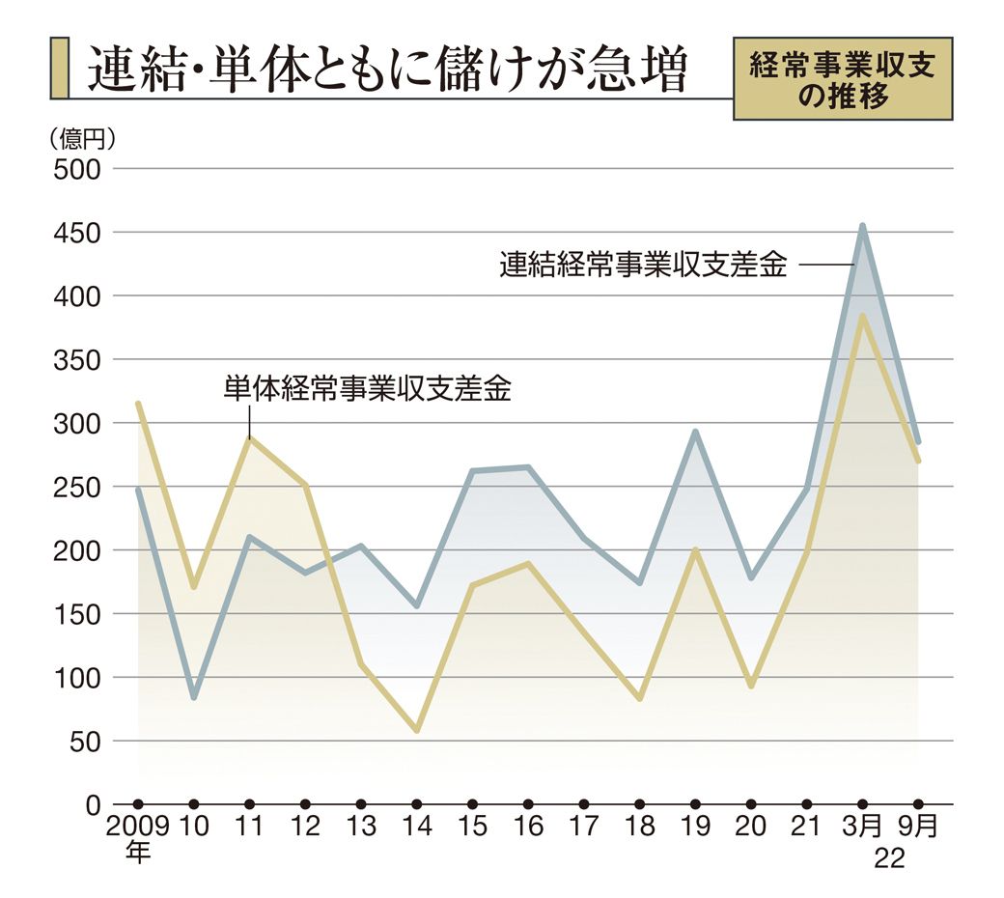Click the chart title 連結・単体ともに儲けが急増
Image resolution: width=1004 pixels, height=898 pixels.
[386, 70]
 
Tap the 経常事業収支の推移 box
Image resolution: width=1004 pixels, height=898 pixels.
[843, 80]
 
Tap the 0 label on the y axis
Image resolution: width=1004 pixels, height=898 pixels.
[93, 804]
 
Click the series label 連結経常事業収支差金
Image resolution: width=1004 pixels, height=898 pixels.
[643, 265]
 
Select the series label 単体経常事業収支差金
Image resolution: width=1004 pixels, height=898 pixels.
[367, 388]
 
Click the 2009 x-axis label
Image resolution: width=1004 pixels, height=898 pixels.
[138, 828]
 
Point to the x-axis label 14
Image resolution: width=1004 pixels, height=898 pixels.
[416, 828]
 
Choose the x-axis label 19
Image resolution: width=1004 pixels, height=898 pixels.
[695, 828]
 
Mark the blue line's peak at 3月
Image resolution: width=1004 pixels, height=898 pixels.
[862, 226]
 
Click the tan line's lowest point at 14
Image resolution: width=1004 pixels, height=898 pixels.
[417, 730]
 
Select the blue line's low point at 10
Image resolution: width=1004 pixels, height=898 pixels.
[194, 696]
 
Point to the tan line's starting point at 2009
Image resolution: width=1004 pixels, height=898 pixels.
[139, 404]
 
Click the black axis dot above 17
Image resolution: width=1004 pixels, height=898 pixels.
[584, 804]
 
